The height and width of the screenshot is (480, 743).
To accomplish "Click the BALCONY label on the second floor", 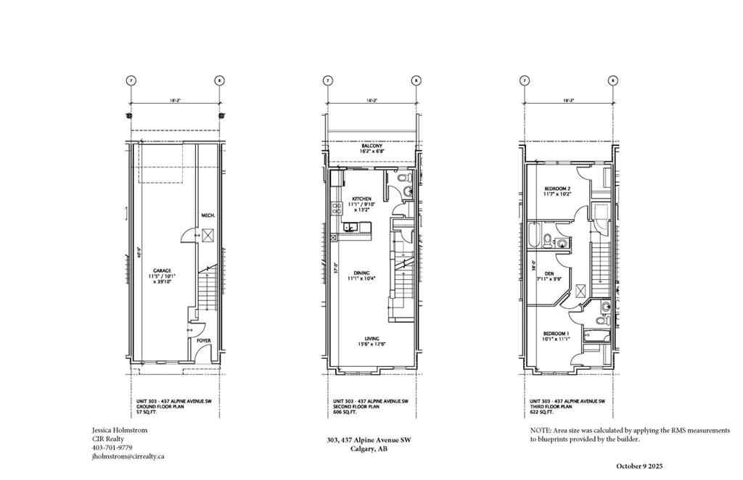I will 371,146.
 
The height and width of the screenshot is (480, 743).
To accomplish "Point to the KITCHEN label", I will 361,199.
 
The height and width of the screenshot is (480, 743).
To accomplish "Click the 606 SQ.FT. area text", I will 345,411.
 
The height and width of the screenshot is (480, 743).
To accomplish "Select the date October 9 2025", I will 640,465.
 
